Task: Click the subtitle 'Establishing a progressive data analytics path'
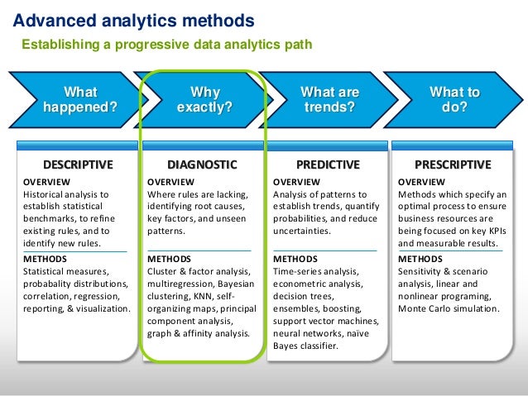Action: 166,44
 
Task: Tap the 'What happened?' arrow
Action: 79,100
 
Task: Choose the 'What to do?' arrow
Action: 454,100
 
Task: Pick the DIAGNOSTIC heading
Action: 202,164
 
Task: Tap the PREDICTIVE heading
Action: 328,164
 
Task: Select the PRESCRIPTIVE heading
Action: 453,164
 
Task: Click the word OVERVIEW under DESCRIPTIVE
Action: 46,182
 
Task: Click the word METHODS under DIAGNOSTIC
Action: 168,259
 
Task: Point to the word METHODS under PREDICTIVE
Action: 295,259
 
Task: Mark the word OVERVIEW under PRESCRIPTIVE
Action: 421,182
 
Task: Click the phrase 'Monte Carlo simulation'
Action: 448,308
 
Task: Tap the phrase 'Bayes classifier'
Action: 305,346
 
